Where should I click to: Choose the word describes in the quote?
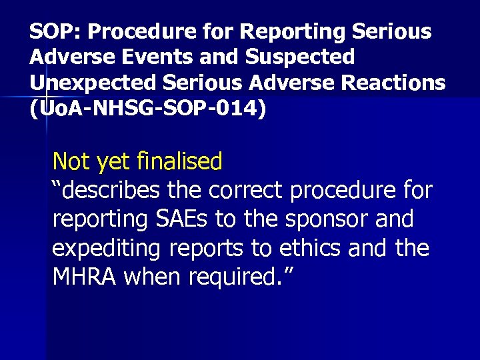(106, 191)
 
